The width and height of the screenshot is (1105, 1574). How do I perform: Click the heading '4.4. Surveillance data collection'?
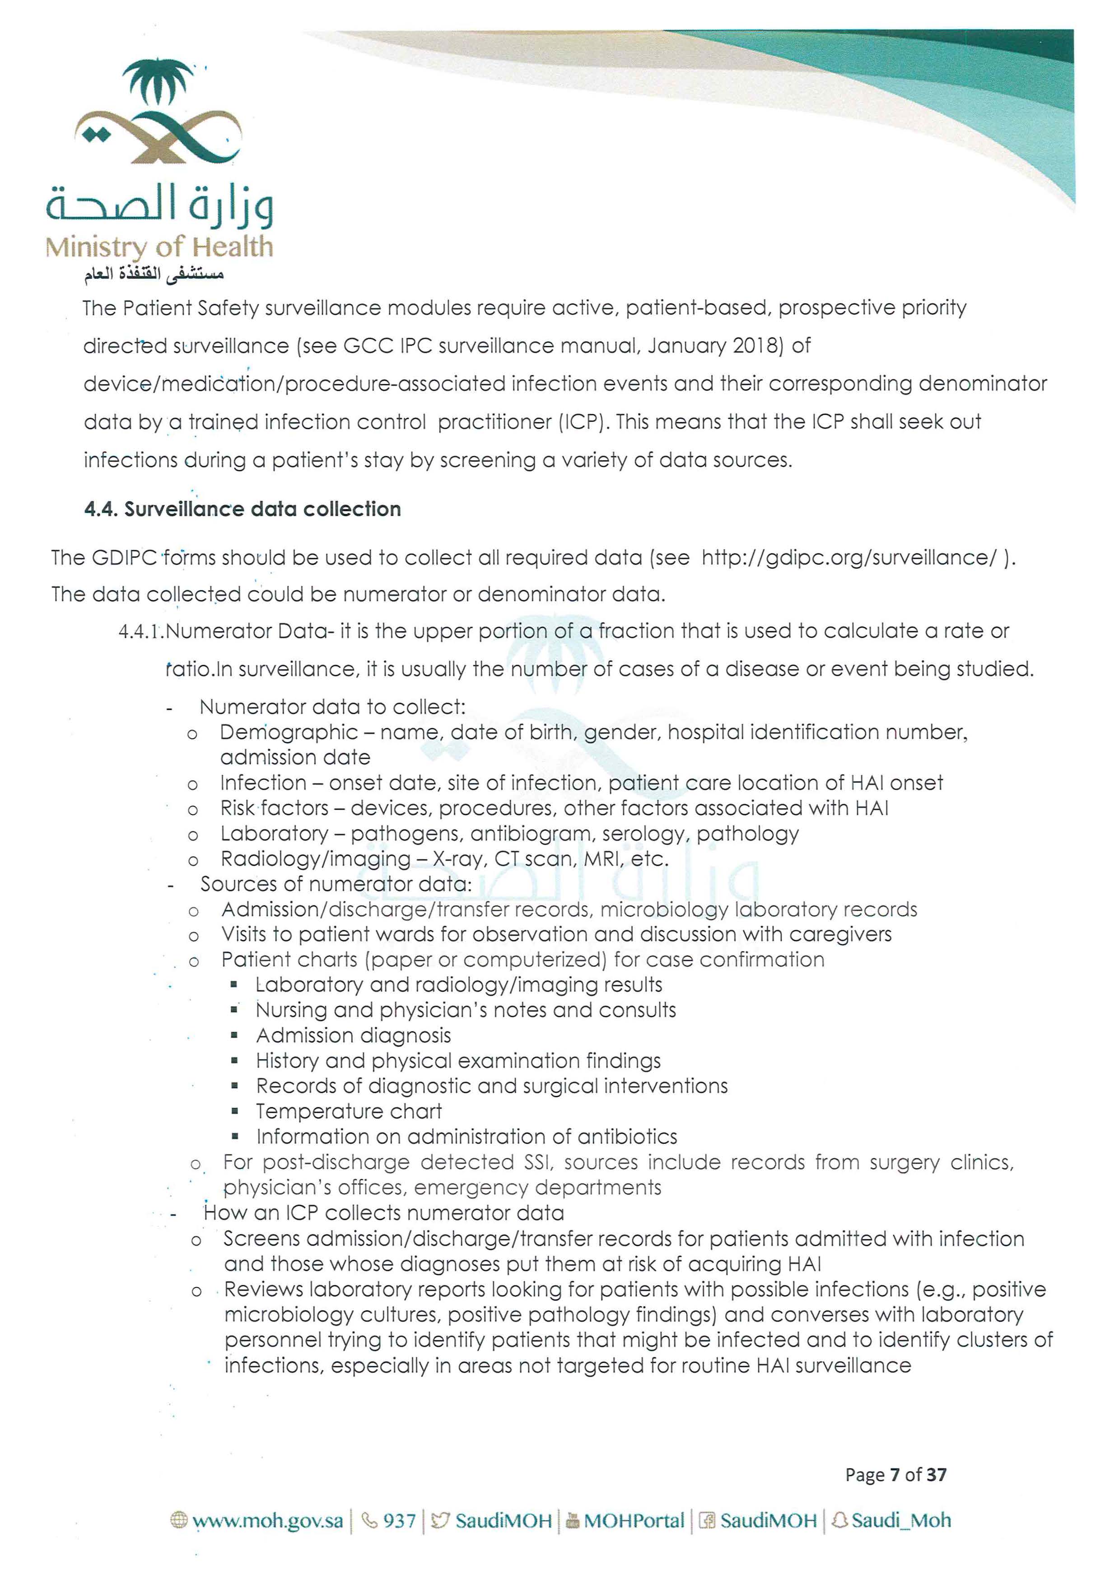pyautogui.click(x=242, y=509)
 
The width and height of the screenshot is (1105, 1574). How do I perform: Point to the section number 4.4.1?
pyautogui.click(x=140, y=632)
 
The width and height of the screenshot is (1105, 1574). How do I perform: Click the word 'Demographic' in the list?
pyautogui.click(x=289, y=732)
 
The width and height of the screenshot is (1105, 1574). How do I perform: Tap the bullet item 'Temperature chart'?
pyautogui.click(x=349, y=1111)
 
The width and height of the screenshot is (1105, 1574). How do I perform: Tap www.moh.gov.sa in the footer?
pyautogui.click(x=267, y=1521)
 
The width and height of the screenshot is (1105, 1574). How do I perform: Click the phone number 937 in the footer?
pyautogui.click(x=399, y=1521)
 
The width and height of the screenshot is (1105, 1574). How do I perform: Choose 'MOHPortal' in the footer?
pyautogui.click(x=634, y=1521)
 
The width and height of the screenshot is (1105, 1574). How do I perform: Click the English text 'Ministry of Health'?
pyautogui.click(x=159, y=247)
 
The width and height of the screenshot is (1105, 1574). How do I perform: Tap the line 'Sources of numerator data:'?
pyautogui.click(x=336, y=884)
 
